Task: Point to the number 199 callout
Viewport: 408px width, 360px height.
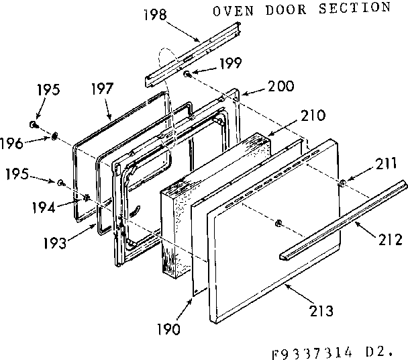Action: (229, 64)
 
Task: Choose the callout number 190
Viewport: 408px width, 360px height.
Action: (168, 329)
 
